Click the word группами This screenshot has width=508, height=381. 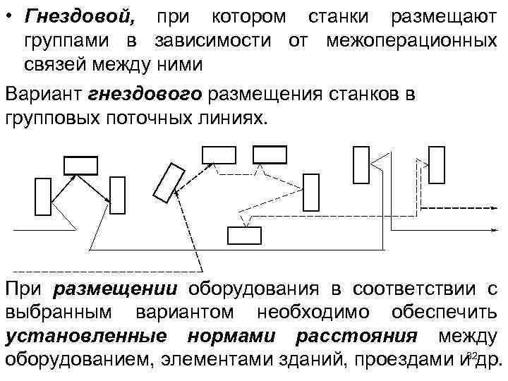tap(61, 40)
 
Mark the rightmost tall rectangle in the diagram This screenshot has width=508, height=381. tap(437, 164)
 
